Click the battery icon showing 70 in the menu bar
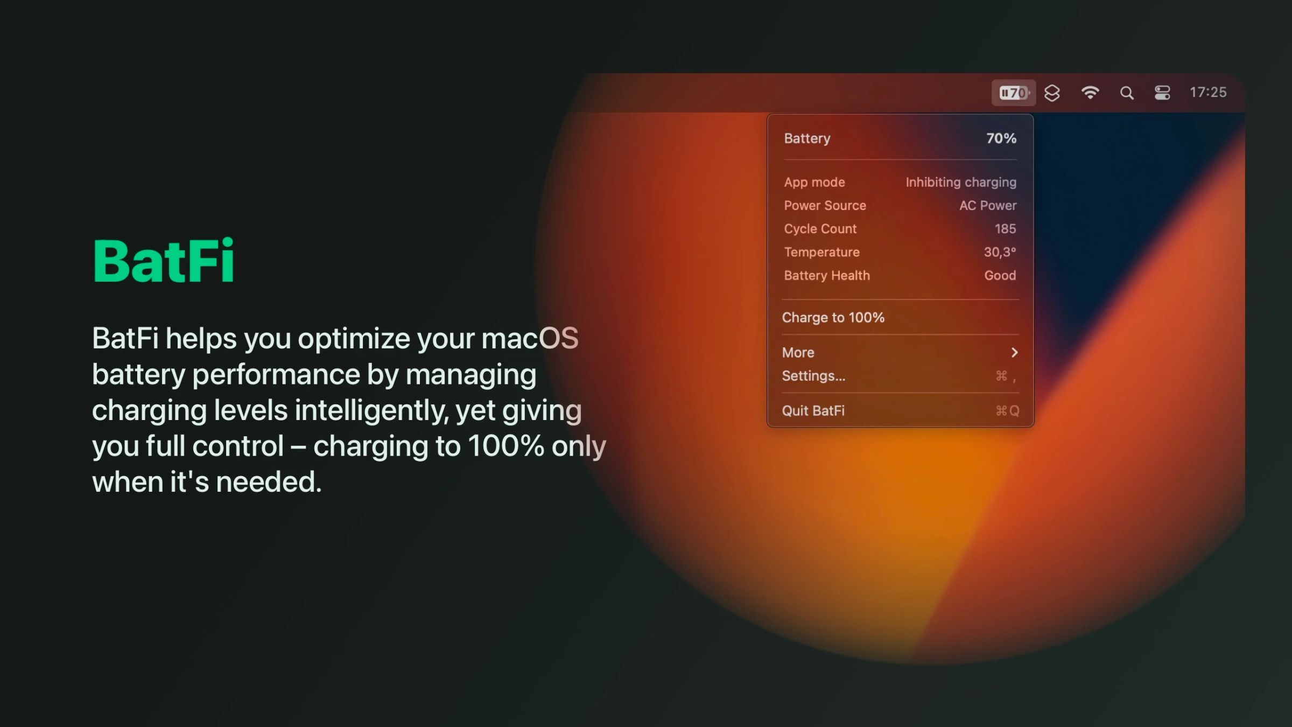(1014, 93)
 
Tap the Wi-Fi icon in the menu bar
(1090, 93)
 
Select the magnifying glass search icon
(1127, 93)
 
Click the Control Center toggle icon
(1162, 93)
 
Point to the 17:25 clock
(1208, 93)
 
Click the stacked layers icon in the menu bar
(1052, 93)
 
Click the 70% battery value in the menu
(1001, 138)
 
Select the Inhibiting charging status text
(961, 183)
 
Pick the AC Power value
(988, 206)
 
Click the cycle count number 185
(1005, 229)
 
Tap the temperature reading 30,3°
(1000, 252)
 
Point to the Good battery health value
(1000, 276)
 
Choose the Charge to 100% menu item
(833, 318)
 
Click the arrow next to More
(1015, 352)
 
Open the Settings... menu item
(813, 376)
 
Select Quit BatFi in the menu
(813, 411)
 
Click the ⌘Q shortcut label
(1007, 411)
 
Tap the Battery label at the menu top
(807, 139)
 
